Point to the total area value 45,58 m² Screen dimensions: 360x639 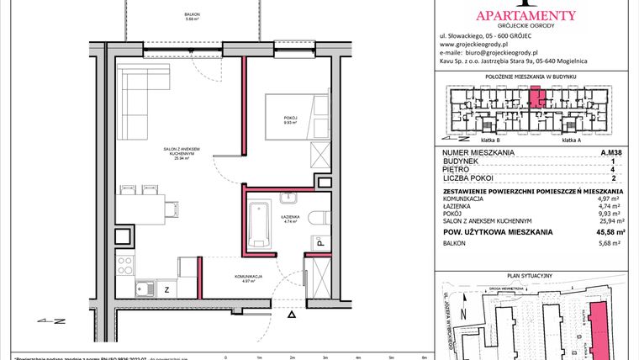[610, 231]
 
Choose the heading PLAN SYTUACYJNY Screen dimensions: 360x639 [534, 275]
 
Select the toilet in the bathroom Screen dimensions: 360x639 [318, 220]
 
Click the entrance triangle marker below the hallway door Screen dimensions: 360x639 [292, 314]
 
